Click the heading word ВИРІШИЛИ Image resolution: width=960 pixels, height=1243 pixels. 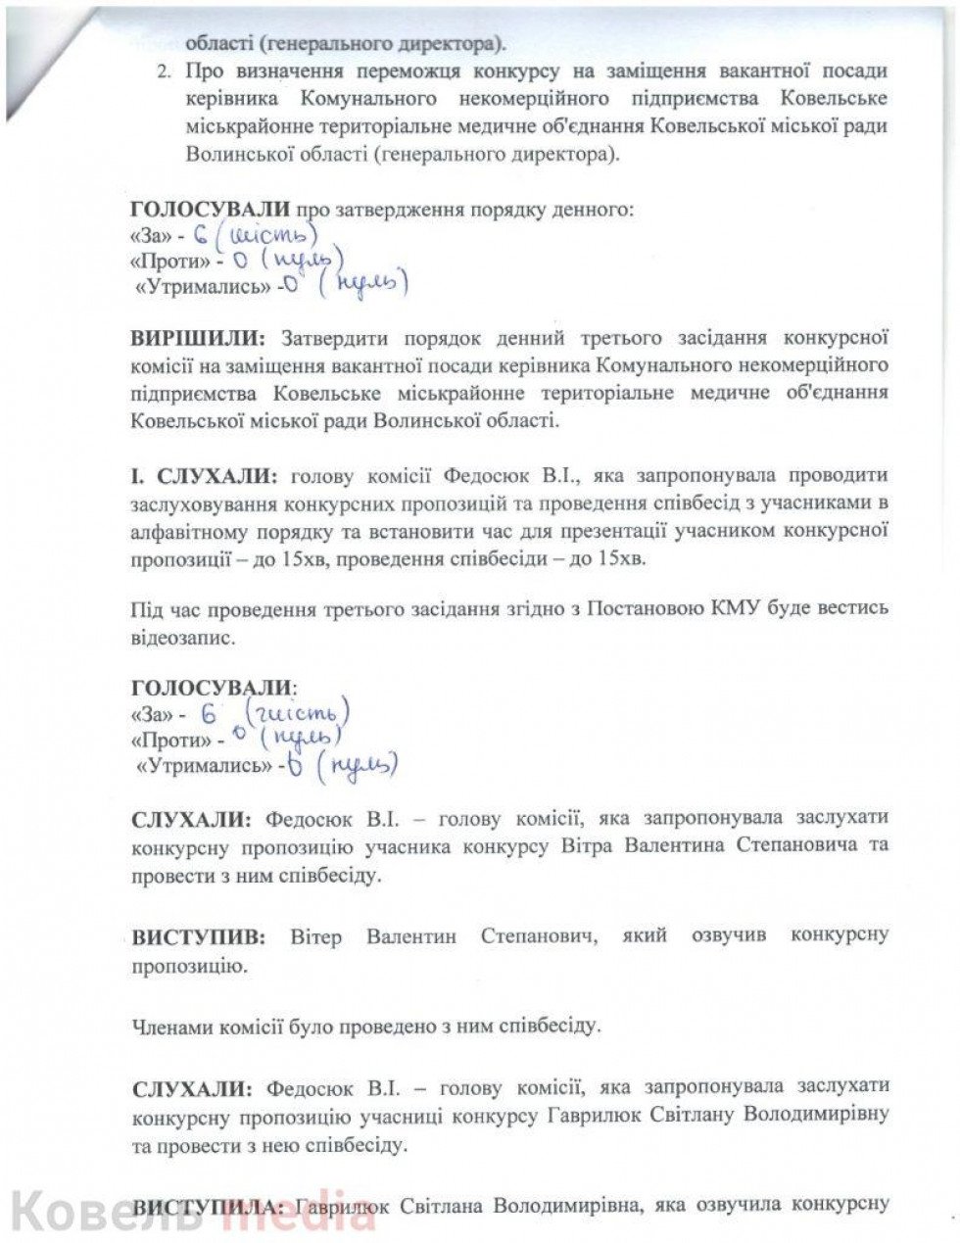tap(197, 340)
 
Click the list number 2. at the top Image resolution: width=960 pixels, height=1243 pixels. tap(164, 72)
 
